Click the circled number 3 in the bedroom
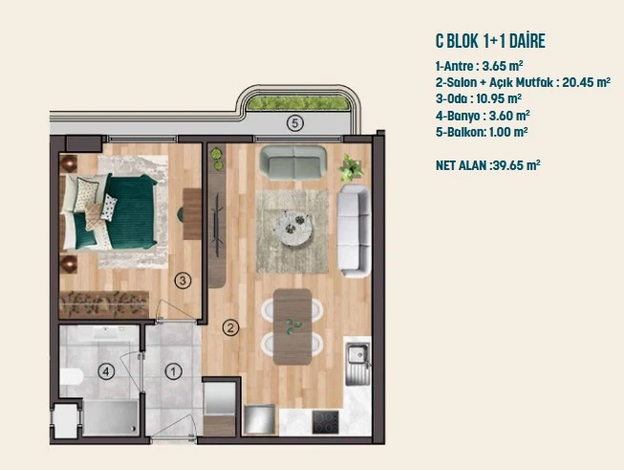183,281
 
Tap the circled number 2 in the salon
230,328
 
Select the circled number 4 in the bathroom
106,372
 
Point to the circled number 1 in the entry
174,372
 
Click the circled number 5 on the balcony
295,123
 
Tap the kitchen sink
357,364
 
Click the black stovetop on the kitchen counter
326,422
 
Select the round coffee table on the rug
294,228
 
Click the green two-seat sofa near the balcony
293,162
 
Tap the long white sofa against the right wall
354,230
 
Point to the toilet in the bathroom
72,376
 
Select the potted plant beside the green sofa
351,167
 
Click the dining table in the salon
292,327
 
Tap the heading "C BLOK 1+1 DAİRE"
490,41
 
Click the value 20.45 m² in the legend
586,82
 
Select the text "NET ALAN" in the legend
462,165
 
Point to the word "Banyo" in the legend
464,116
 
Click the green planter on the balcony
297,102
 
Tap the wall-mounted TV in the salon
217,224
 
